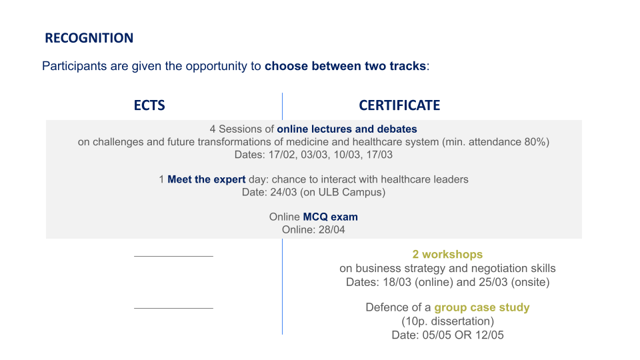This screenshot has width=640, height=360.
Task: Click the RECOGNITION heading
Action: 89,38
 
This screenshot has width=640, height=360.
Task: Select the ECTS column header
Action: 149,105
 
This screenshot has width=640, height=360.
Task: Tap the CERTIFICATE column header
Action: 399,105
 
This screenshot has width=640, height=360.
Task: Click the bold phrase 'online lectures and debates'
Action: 347,129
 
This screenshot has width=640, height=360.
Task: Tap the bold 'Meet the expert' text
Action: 207,179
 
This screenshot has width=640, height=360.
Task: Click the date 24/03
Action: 283,192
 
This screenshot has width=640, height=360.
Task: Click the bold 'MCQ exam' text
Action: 330,217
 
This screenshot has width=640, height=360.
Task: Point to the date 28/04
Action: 332,230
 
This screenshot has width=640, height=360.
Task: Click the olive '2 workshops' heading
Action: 447,254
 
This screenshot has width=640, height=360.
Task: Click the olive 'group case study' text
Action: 481,307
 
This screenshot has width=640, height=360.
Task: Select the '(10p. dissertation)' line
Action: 448,321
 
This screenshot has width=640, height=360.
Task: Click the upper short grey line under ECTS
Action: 173,256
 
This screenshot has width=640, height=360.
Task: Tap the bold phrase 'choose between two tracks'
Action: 345,66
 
